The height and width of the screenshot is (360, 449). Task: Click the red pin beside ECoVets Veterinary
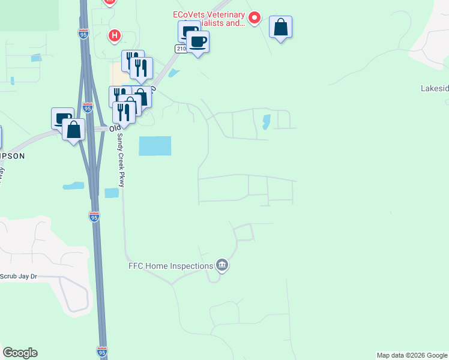click(x=254, y=19)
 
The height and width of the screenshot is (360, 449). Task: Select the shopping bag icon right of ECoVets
click(x=280, y=27)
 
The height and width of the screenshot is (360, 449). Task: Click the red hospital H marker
click(x=114, y=36)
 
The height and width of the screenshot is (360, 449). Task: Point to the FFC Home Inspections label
click(x=170, y=266)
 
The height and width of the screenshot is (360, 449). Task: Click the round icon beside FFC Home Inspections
click(x=222, y=265)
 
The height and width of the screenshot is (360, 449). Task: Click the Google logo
click(x=20, y=353)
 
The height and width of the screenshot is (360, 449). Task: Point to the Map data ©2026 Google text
click(x=412, y=355)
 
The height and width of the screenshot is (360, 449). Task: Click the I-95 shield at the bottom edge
click(x=102, y=352)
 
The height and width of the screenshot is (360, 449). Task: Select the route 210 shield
click(x=179, y=48)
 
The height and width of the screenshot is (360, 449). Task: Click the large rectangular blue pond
click(x=155, y=146)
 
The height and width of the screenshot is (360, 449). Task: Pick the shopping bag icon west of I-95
click(x=73, y=130)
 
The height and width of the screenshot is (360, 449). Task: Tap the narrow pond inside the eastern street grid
click(x=265, y=122)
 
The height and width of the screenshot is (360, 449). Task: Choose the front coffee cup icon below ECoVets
click(x=198, y=42)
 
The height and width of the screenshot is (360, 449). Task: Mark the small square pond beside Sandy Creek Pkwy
click(x=112, y=193)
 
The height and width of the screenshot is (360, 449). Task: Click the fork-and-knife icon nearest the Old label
click(x=123, y=112)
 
